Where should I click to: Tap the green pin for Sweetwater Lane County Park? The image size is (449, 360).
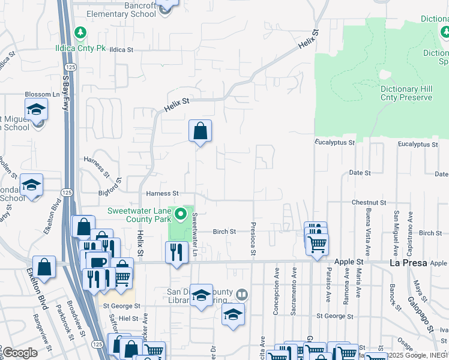(182, 214)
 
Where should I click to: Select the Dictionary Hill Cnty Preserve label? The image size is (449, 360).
(406, 93)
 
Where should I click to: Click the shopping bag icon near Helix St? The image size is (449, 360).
(200, 131)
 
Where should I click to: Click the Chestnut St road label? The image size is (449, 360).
(368, 203)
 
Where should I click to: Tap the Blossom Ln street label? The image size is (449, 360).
(43, 94)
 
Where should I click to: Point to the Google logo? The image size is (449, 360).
(20, 353)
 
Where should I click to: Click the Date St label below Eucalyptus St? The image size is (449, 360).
(360, 173)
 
